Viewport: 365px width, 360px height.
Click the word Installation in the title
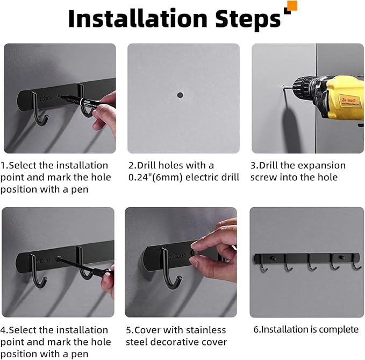138,19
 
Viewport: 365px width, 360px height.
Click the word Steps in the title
248,19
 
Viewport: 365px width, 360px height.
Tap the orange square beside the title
292,6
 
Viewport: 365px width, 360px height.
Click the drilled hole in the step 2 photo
180,95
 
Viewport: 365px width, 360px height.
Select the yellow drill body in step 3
343,97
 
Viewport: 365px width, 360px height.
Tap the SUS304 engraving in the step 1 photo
44,98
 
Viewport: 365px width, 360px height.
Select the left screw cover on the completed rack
273,258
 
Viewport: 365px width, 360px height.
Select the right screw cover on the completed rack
341,257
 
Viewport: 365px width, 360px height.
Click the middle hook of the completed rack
311,263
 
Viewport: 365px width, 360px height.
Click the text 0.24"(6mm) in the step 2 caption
156,178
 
